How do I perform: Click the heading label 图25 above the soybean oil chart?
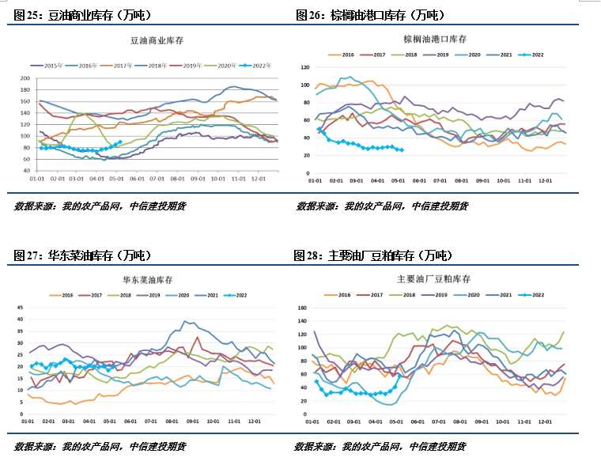tap(30, 15)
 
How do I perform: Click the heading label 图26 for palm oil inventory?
tap(312, 15)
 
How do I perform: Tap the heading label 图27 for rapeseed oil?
tap(30, 255)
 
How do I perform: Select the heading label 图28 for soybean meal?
tap(309, 255)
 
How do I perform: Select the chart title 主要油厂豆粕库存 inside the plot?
tap(433, 279)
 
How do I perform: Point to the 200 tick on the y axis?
tap(25, 78)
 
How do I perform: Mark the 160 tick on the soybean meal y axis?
tap(301, 308)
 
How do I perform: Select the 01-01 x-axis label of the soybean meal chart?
tap(314, 423)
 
